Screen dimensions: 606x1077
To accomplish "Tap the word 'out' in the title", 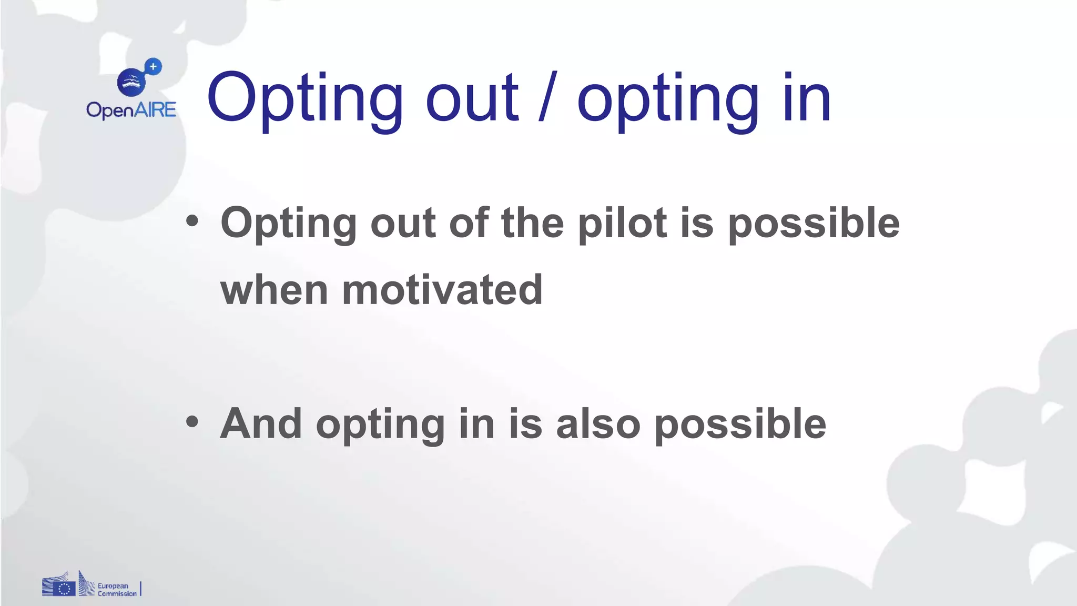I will (472, 98).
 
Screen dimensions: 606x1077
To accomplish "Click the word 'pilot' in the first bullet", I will (623, 224).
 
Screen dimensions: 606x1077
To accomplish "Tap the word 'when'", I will (274, 290).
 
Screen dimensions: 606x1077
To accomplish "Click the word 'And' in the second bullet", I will (261, 423).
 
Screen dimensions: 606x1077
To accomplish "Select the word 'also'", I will (598, 424).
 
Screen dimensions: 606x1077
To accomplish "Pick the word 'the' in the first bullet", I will (533, 223).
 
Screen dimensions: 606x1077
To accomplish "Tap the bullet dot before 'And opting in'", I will (192, 422).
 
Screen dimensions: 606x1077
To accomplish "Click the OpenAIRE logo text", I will (131, 110).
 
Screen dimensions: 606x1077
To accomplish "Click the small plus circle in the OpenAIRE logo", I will (153, 67).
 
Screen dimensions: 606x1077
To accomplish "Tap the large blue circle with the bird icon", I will (131, 83).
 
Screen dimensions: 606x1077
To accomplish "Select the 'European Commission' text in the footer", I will (117, 589).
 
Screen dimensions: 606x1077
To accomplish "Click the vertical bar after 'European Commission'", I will (140, 588).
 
